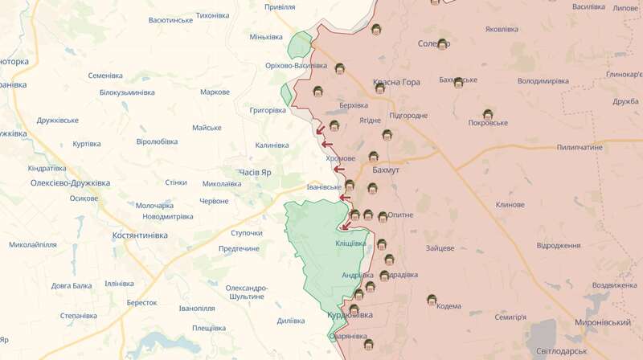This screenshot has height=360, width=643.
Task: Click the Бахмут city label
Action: [387, 171]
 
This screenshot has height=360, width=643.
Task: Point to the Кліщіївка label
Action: [350, 243]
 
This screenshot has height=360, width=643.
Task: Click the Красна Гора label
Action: [396, 83]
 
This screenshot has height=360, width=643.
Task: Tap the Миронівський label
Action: [603, 321]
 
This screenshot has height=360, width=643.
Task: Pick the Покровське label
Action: [488, 123]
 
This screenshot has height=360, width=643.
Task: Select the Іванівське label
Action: [324, 187]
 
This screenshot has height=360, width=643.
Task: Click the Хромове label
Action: [340, 158]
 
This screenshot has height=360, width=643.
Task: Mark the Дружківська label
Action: [57, 121]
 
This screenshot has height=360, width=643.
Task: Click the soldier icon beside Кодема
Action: [432, 301]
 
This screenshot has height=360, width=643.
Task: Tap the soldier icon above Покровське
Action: [488, 113]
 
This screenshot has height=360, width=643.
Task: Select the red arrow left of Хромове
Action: [328, 145]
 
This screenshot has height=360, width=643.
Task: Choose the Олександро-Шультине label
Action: [246, 292]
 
